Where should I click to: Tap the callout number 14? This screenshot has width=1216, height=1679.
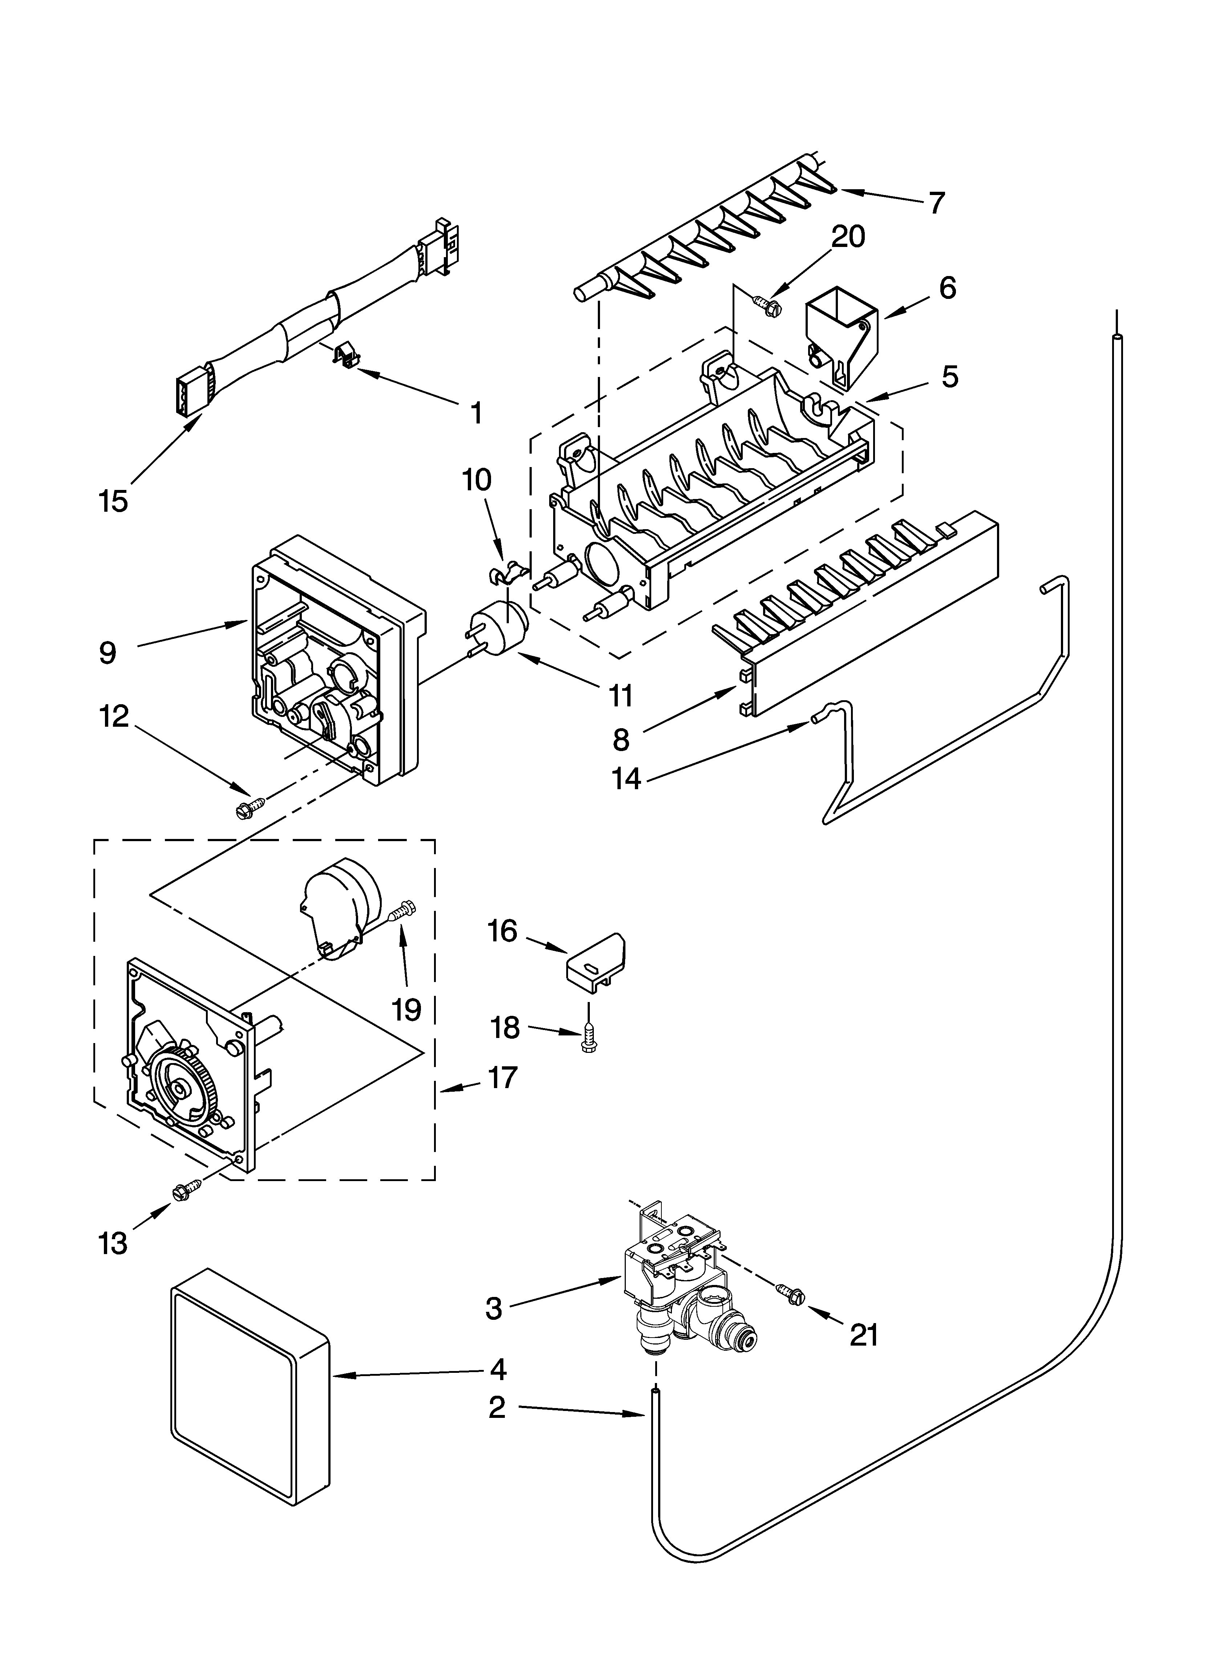coord(627,779)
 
